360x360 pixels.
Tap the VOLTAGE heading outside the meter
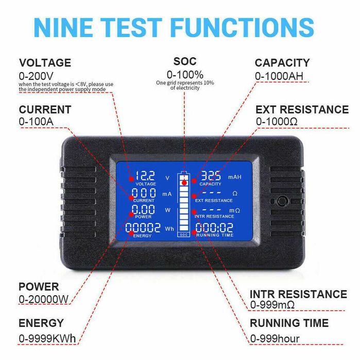pos(45,63)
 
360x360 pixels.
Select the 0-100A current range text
pos(37,122)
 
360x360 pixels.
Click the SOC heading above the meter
pos(185,62)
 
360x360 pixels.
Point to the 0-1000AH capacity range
pos(282,76)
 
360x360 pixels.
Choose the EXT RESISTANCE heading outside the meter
pos(302,109)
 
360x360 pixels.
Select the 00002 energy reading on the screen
pos(143,228)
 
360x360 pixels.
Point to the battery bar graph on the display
pos(184,204)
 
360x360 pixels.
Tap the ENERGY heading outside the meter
pos(41,323)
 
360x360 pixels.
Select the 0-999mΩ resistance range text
pos(280,305)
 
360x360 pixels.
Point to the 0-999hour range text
pos(275,338)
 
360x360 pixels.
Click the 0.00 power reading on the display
pos(143,210)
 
